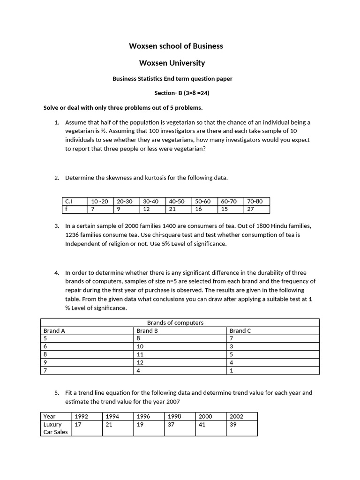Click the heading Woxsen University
click(172, 63)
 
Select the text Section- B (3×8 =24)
click(182, 93)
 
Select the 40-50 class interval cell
click(178, 201)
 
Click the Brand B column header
click(147, 330)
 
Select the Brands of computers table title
click(175, 322)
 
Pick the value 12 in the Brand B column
click(140, 362)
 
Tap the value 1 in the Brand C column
click(231, 370)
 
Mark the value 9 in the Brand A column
click(45, 362)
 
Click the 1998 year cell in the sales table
click(174, 416)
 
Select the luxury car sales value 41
click(202, 424)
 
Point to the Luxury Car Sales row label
click(55, 428)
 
